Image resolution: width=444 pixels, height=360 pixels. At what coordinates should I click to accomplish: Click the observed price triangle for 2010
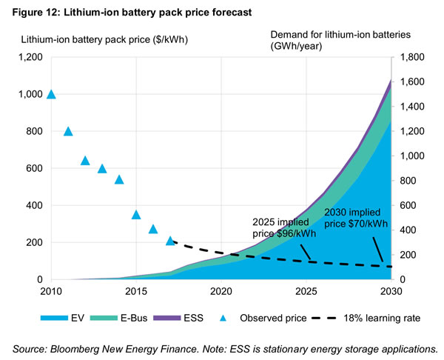(x=51, y=94)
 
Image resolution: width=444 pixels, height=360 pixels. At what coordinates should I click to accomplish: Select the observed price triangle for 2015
(x=136, y=215)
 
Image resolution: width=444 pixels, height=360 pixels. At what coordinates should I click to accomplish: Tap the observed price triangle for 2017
(x=170, y=241)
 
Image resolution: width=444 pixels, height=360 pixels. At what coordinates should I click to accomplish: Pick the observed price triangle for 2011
(x=68, y=131)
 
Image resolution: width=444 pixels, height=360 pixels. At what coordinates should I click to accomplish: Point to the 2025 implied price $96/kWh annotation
(x=280, y=227)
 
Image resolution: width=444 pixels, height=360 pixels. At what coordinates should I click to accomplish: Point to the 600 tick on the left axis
(x=33, y=168)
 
